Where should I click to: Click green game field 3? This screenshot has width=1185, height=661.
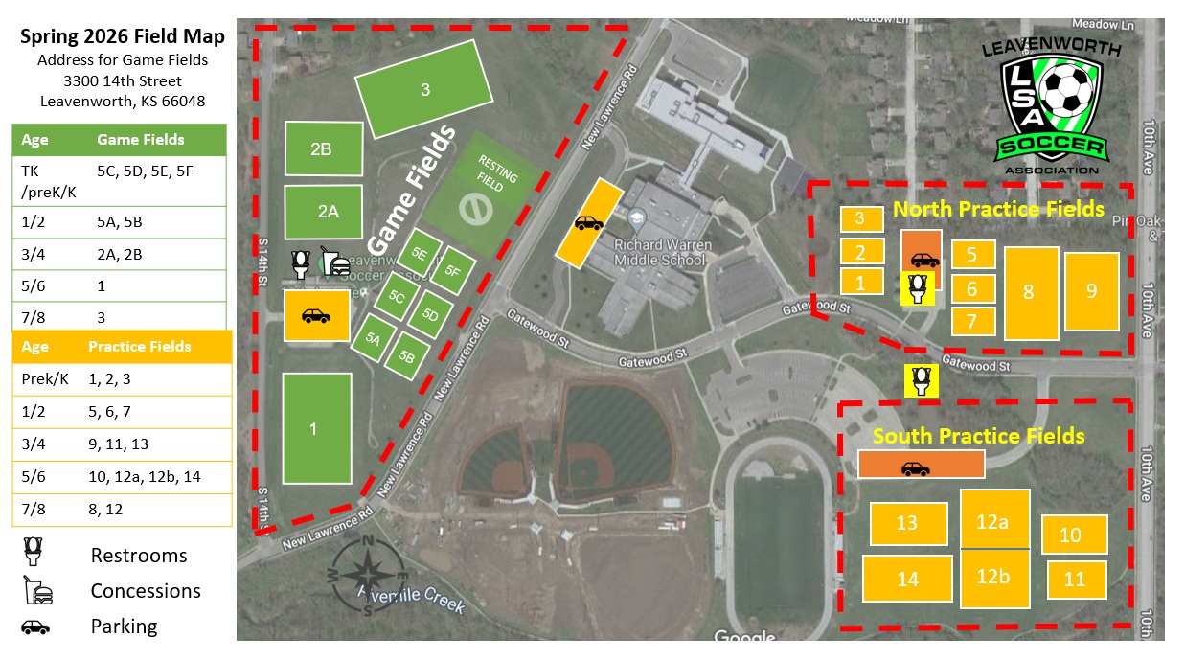coord(424,90)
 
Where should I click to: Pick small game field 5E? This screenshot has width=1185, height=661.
coord(419,254)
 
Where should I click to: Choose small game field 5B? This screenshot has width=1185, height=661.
coord(407,356)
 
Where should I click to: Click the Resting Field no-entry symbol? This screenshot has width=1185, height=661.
coord(477,207)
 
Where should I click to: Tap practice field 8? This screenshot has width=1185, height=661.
coord(1030,293)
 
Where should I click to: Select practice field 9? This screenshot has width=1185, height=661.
coord(1091,291)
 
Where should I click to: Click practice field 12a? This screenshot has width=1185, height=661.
coord(994,520)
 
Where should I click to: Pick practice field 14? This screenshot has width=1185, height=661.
coord(906,579)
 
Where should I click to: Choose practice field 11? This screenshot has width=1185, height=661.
coord(1076,580)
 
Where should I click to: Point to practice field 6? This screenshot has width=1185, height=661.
coord(972,288)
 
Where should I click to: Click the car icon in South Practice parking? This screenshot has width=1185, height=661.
coord(915,467)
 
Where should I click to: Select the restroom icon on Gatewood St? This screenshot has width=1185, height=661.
coord(921,380)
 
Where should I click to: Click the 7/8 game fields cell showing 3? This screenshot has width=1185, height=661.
coord(102,316)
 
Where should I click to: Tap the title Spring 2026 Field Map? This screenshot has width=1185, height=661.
coord(123,37)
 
